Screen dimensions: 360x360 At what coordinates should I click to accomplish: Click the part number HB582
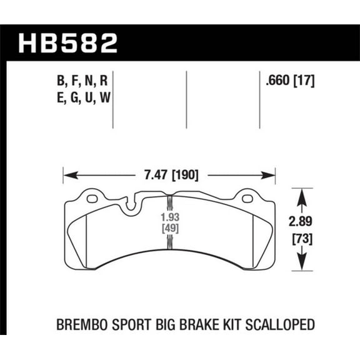pyautogui.click(x=67, y=42)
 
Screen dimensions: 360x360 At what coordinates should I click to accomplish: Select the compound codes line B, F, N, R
pyautogui.click(x=82, y=80)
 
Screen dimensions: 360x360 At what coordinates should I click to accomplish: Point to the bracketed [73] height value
pyautogui.click(x=303, y=238)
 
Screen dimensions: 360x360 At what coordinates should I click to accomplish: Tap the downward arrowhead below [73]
pyautogui.click(x=303, y=265)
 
